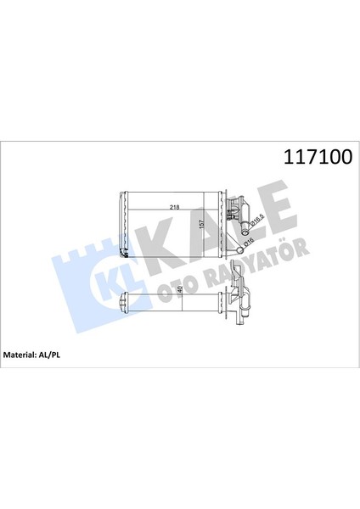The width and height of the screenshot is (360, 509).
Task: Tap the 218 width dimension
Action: coord(174,207)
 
